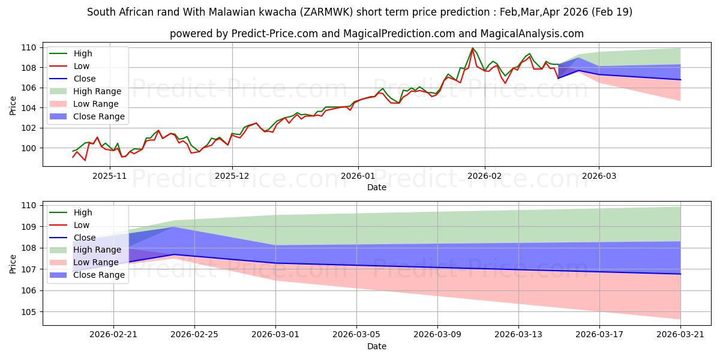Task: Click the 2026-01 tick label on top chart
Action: (358, 176)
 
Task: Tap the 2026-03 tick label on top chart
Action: (599, 176)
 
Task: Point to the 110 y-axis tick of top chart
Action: (30, 47)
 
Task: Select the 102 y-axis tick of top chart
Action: (30, 128)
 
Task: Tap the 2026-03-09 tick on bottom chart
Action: (437, 334)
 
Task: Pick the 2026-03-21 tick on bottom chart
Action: (680, 334)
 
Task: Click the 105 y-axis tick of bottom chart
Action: (30, 312)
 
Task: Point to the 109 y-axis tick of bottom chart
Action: (30, 227)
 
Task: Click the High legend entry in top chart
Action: (82, 53)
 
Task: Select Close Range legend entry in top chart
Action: (98, 116)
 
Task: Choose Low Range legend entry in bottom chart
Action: (97, 262)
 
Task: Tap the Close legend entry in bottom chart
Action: (83, 238)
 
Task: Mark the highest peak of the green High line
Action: (472, 48)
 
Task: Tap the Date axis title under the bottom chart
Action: (376, 346)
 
